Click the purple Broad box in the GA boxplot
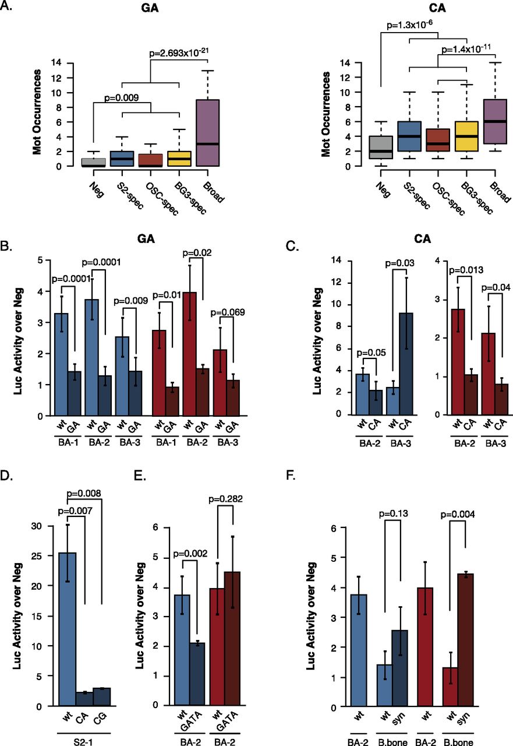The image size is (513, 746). click(208, 132)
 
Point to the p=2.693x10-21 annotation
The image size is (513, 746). click(179, 52)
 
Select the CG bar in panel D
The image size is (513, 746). click(101, 696)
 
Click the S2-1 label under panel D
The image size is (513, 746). click(83, 742)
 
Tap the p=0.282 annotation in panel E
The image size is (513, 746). click(225, 499)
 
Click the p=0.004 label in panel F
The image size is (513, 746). click(458, 515)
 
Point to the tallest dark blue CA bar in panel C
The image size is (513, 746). click(406, 364)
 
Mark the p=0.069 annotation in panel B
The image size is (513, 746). click(228, 312)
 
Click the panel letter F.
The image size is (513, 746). click(291, 476)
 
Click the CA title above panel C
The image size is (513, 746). click(423, 239)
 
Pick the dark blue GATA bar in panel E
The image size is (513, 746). click(197, 674)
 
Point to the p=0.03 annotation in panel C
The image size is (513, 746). click(399, 263)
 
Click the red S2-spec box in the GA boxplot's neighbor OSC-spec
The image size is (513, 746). click(150, 160)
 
